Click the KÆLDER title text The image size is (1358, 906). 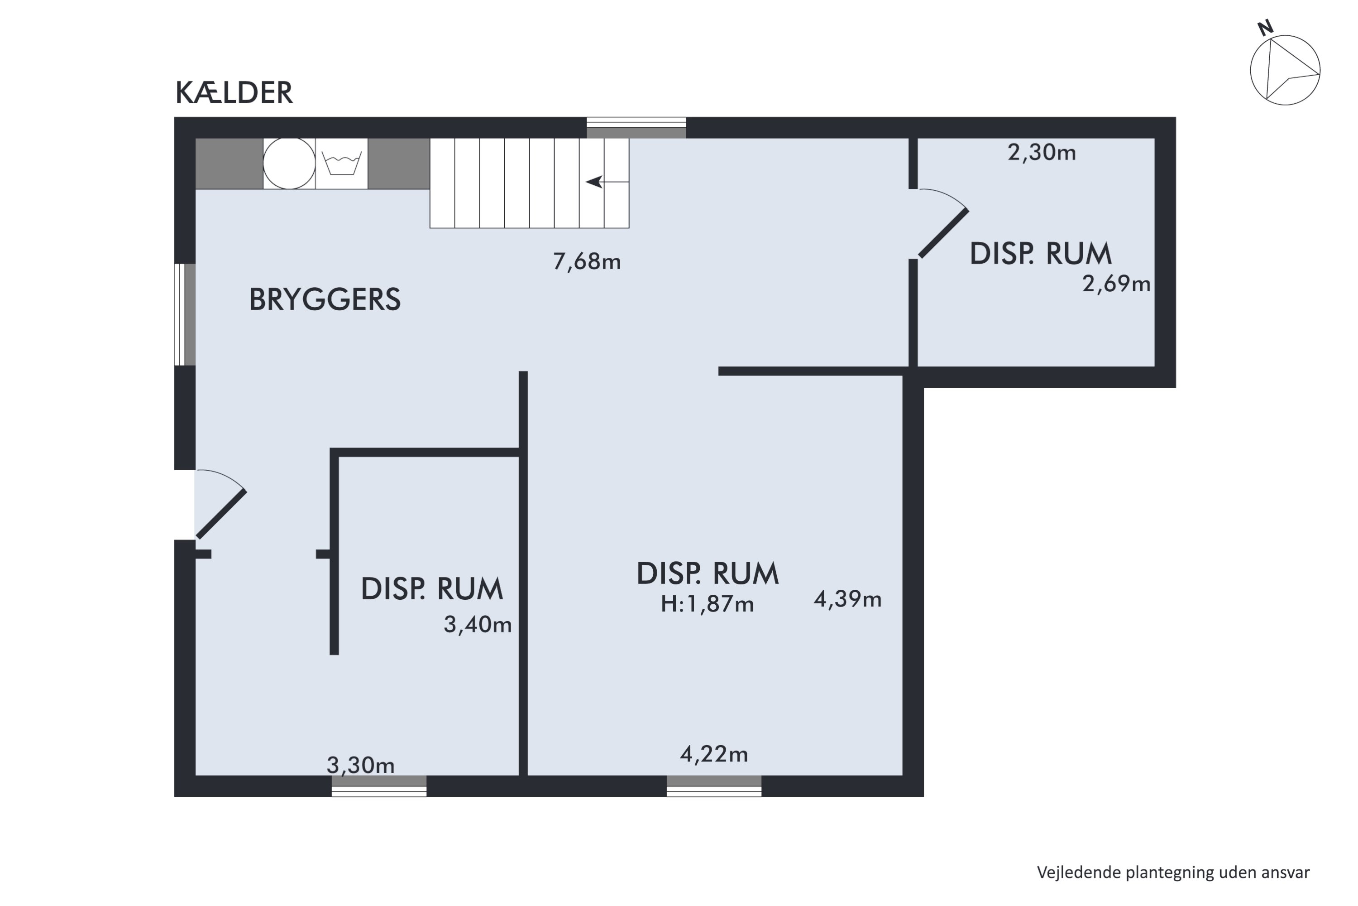click(234, 93)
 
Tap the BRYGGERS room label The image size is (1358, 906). click(325, 299)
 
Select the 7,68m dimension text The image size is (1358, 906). click(587, 262)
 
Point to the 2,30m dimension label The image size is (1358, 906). click(1041, 153)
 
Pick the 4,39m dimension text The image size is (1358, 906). click(847, 599)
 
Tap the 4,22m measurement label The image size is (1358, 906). click(714, 754)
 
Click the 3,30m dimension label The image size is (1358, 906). click(360, 766)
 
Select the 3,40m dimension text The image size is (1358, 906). click(477, 625)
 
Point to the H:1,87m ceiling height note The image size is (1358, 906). click(707, 604)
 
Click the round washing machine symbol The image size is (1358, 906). click(289, 164)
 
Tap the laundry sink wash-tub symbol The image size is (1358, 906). click(341, 164)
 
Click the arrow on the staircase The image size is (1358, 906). click(595, 182)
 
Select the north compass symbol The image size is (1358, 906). click(1285, 70)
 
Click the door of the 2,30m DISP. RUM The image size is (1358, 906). click(943, 233)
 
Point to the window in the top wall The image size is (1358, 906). click(636, 128)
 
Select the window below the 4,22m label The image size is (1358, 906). click(714, 786)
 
